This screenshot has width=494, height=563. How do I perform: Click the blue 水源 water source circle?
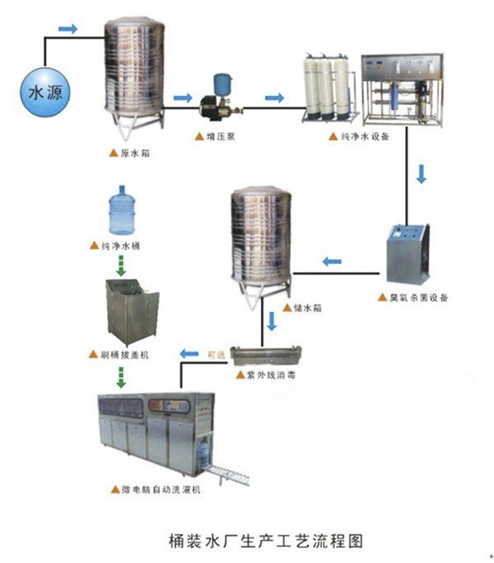click(42, 92)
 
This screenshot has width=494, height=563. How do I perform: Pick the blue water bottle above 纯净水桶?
click(122, 211)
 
